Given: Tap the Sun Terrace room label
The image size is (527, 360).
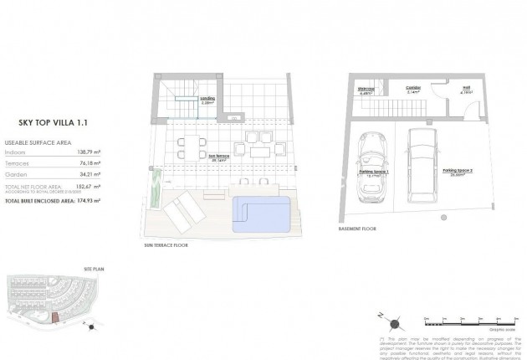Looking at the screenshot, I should click(218, 157).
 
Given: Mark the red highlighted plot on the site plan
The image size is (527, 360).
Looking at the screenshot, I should click(54, 317).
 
